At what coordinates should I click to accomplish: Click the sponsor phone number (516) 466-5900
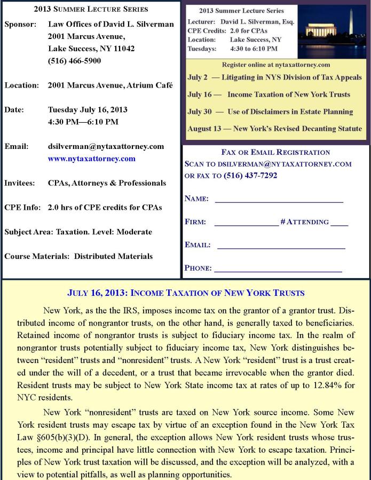tap(74, 61)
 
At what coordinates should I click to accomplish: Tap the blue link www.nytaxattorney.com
tap(91, 159)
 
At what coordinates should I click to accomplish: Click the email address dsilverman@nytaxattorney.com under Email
tap(106, 146)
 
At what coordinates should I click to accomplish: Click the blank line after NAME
tap(279, 202)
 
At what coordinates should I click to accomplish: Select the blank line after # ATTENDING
tap(339, 225)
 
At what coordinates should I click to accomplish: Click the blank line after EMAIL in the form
tap(281, 248)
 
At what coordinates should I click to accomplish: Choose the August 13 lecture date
tap(207, 129)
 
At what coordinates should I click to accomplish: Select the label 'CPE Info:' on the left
tap(22, 207)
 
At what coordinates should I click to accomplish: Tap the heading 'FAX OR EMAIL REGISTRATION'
tap(275, 153)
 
